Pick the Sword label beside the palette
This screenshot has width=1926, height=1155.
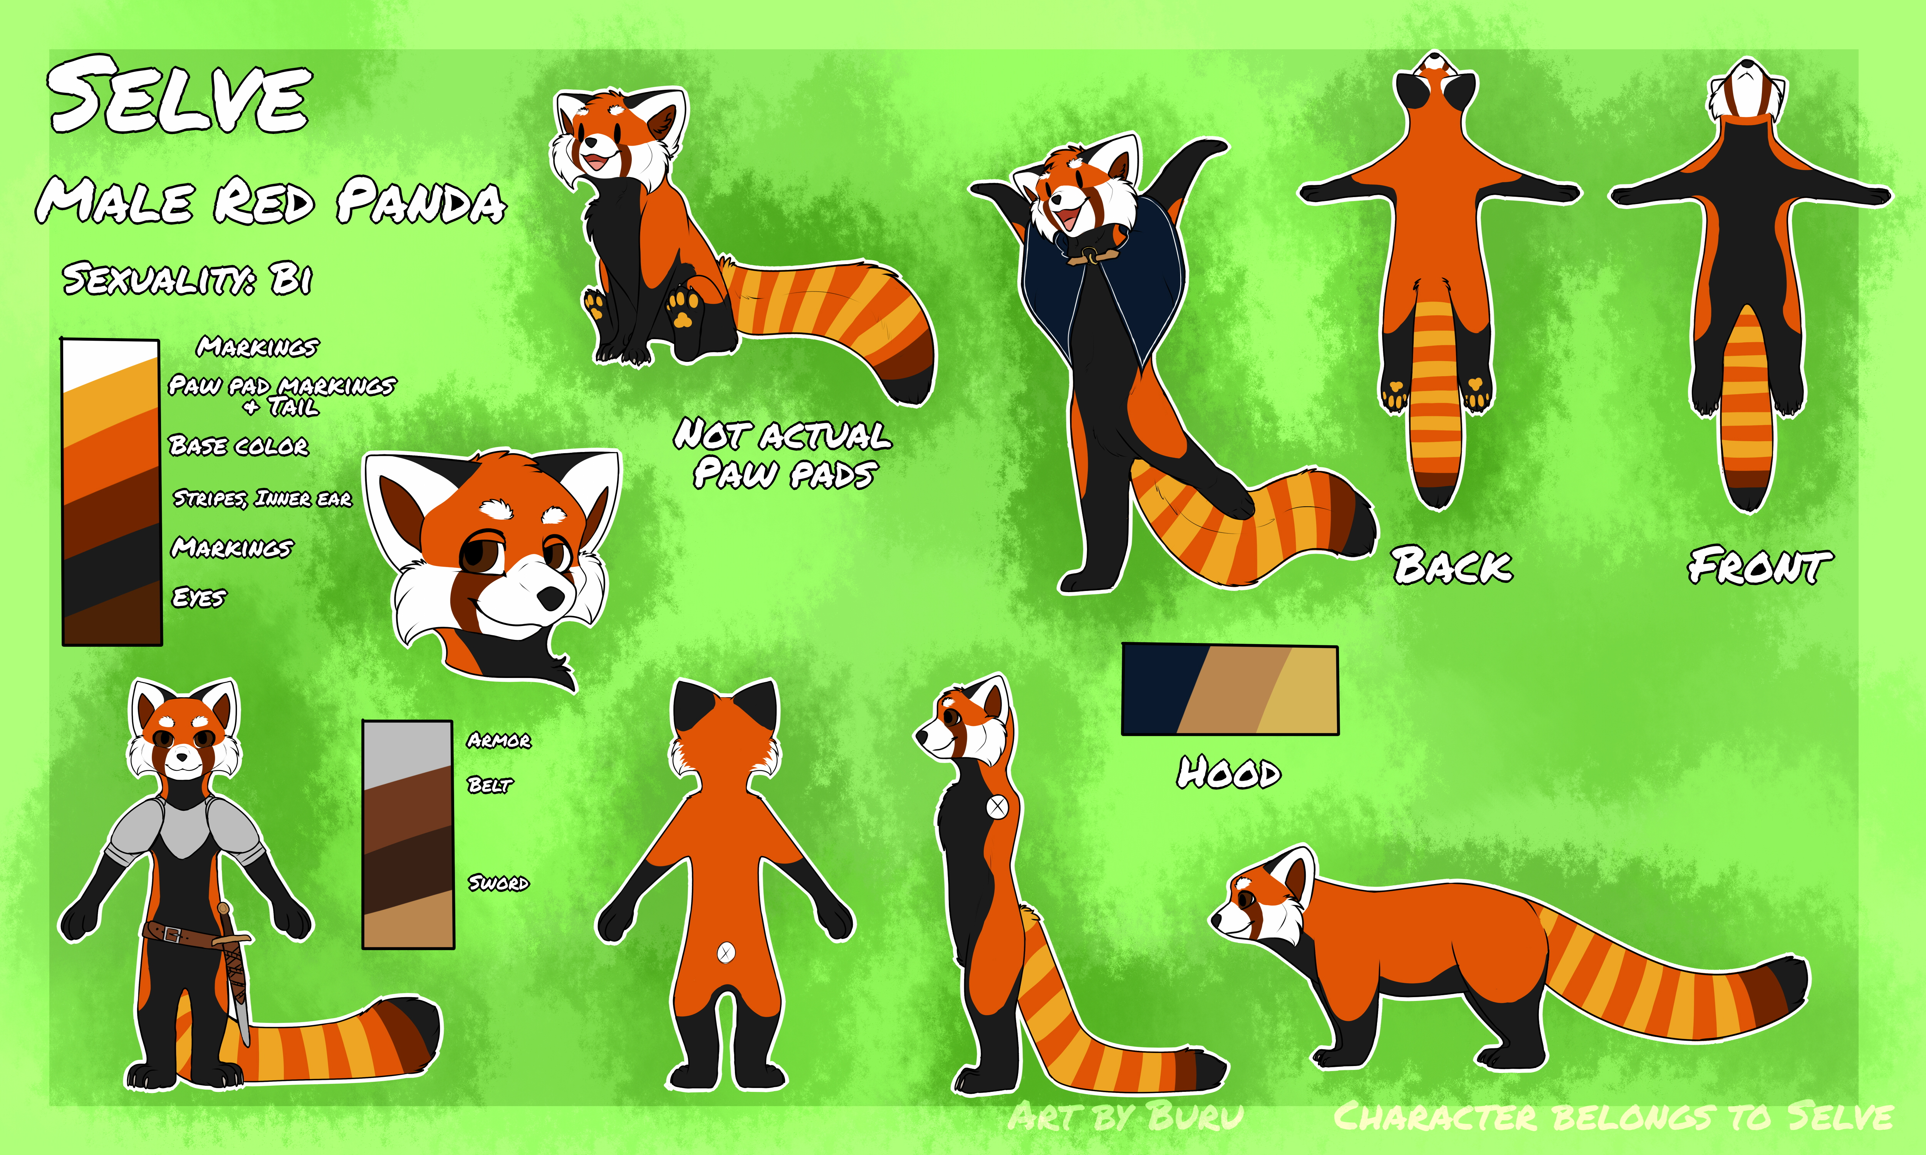(x=498, y=882)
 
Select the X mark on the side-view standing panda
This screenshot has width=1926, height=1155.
(x=997, y=806)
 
